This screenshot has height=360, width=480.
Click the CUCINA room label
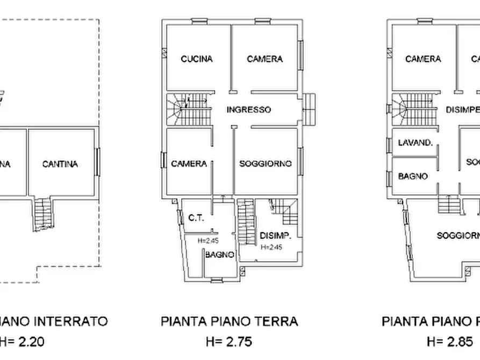(197, 59)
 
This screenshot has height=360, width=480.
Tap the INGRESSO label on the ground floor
(248, 110)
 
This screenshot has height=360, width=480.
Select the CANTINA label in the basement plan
(60, 164)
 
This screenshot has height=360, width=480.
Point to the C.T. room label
(195, 218)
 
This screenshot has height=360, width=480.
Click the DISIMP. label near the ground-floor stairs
(275, 235)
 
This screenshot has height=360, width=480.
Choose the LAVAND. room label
(415, 143)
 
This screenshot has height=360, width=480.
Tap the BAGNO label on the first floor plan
(413, 176)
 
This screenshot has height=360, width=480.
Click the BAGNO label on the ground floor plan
(219, 255)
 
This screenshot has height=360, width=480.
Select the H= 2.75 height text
(229, 341)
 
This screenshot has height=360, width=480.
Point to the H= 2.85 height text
(449, 341)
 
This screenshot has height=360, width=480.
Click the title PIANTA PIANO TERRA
(229, 322)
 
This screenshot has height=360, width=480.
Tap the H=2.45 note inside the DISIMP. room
(271, 248)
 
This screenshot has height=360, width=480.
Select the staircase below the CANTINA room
(42, 214)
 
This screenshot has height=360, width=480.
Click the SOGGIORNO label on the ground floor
(266, 164)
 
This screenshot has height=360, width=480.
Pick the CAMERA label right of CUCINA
(264, 59)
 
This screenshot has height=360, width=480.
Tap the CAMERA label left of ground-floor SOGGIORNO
(189, 164)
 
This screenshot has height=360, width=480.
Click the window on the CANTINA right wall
(98, 161)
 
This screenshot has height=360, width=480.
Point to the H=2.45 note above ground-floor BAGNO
(206, 241)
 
